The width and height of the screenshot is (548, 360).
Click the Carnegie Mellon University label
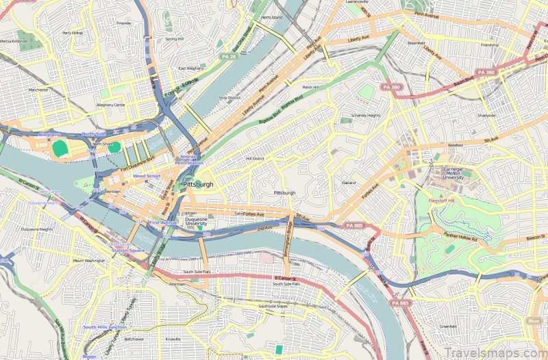(x=453, y=172)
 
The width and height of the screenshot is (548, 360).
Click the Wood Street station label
(x=146, y=176)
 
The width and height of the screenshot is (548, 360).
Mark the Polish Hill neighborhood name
(x=312, y=87)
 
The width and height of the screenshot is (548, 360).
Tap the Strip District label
(x=229, y=98)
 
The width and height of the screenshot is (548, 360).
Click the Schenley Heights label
(x=365, y=115)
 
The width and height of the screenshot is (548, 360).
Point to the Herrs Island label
(x=272, y=17)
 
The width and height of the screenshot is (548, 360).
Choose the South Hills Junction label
(x=104, y=327)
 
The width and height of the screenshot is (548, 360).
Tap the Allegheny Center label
(x=110, y=105)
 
